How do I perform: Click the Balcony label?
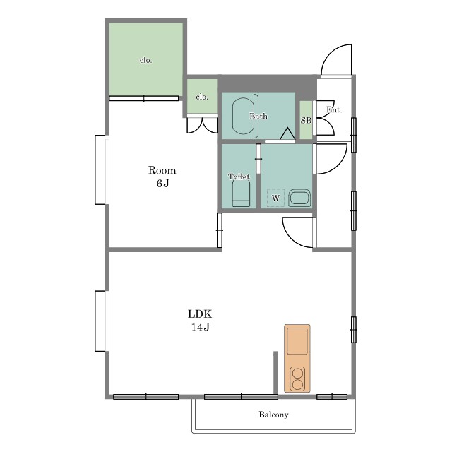tap(273, 415)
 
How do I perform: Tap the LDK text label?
tap(200, 314)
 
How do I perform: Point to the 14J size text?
tap(201, 327)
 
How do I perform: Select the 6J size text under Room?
tap(162, 184)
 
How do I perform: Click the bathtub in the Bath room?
tap(243, 116)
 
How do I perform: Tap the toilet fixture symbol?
tap(241, 193)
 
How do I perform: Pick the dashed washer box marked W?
tap(275, 198)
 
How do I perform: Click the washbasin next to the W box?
tap(299, 198)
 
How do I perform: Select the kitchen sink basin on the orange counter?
tap(297, 341)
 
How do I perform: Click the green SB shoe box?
tap(306, 120)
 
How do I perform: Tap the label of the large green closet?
tap(145, 60)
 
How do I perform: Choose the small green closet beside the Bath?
tap(202, 96)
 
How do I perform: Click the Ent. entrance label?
tap(334, 110)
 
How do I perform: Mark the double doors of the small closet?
tap(202, 125)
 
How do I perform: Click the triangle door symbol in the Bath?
tap(287, 134)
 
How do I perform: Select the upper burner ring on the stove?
tap(297, 374)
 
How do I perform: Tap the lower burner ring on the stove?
tap(297, 384)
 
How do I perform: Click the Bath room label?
tap(258, 116)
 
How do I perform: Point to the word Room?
tap(162, 170)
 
